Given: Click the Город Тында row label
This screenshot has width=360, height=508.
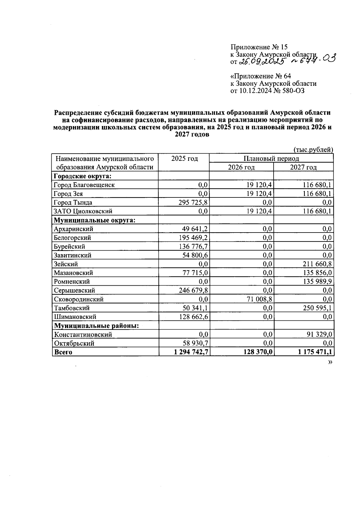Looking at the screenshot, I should click(x=73, y=203).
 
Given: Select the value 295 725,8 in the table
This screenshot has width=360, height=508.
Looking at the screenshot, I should click(x=193, y=203).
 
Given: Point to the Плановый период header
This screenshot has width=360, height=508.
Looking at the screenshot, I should click(x=271, y=158).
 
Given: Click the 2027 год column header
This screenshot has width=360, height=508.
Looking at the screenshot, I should click(x=303, y=167).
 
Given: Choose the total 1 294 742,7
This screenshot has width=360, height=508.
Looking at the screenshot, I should click(x=191, y=352).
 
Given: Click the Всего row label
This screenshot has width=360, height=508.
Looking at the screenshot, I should click(x=63, y=352).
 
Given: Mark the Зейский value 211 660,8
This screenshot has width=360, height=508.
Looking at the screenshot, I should click(x=317, y=264).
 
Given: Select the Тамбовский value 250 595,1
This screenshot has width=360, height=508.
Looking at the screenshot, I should click(x=317, y=308).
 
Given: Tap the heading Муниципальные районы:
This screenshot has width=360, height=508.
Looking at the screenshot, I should click(x=96, y=326).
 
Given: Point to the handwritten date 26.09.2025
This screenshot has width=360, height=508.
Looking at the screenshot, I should click(x=262, y=62).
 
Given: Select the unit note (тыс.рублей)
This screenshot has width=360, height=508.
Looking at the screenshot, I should click(x=313, y=150).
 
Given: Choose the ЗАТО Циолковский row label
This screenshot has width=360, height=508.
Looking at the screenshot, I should click(x=83, y=211).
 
